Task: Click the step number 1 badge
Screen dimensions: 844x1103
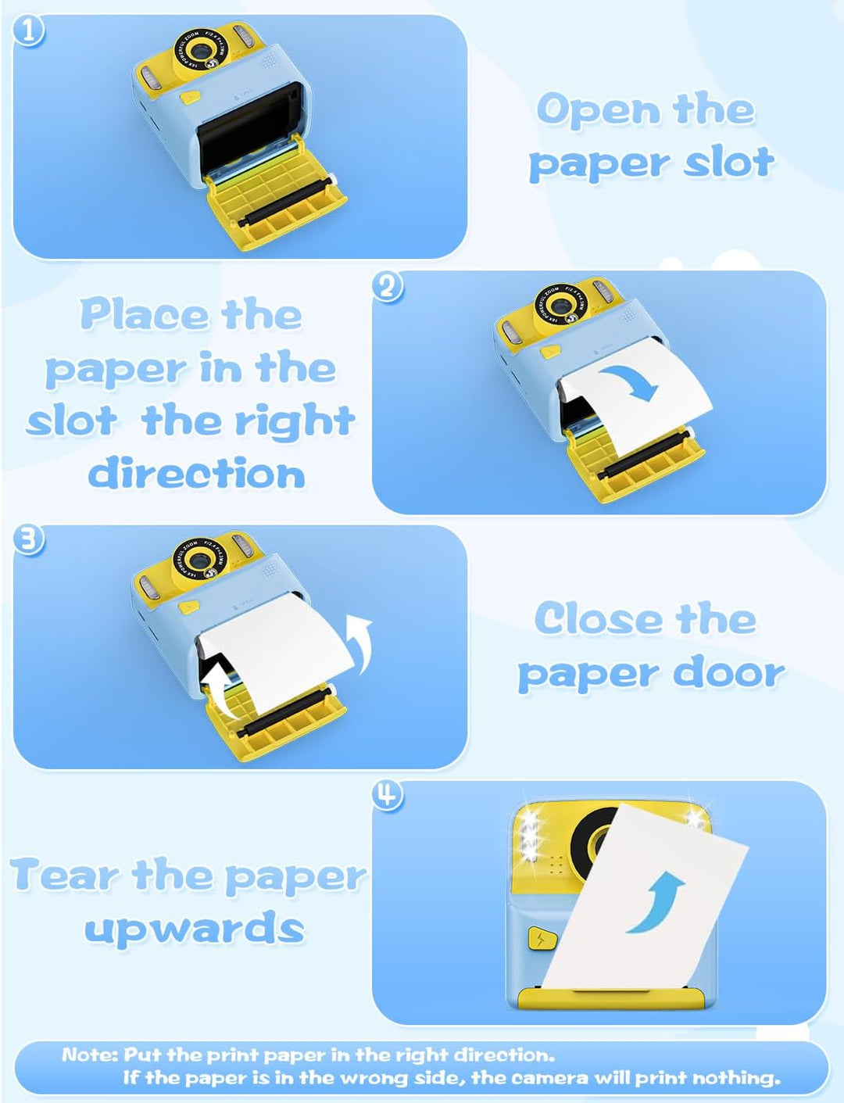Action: tap(29, 30)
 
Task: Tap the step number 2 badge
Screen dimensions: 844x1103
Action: tap(388, 288)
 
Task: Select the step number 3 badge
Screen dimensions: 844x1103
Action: tap(29, 541)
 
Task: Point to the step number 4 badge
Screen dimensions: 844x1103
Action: tap(388, 796)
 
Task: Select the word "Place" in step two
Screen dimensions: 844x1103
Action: tap(144, 315)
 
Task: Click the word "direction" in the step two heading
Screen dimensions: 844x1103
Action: tap(197, 473)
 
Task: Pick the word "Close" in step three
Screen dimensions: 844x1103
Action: tap(599, 619)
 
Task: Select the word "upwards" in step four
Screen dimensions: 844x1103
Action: tap(195, 928)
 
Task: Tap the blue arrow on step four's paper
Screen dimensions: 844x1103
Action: tap(655, 902)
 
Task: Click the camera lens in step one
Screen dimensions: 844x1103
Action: tap(202, 52)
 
